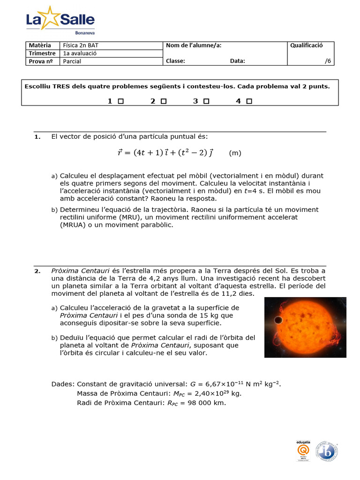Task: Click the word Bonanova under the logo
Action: (85, 32)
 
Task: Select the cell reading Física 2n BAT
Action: (80, 45)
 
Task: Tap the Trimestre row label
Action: (42, 53)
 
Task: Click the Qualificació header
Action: (307, 45)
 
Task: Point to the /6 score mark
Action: (327, 61)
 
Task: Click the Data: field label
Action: (237, 61)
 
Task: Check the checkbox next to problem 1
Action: (120, 101)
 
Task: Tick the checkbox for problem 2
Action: (164, 101)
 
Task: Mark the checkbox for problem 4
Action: (249, 101)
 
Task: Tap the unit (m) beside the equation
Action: (235, 153)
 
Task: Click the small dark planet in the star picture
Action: (277, 320)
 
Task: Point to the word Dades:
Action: (63, 384)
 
